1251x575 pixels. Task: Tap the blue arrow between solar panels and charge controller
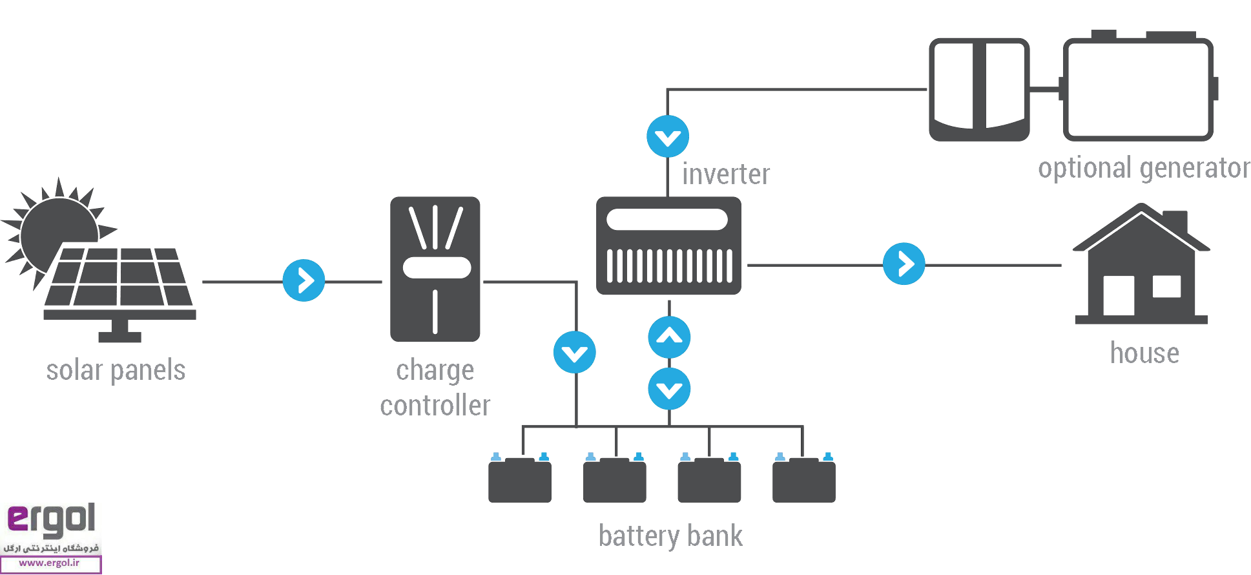304,280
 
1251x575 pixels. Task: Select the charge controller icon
435,269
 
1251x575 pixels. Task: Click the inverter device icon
668,246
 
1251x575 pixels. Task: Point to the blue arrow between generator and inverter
668,136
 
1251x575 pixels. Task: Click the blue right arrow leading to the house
904,264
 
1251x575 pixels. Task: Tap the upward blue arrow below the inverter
669,337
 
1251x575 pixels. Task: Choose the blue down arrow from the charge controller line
574,352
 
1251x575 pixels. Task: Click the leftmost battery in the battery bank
520,479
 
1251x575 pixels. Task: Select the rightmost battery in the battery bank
803,479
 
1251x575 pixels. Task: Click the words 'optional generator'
1144,168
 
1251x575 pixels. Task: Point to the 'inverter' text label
726,174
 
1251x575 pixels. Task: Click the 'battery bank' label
670,536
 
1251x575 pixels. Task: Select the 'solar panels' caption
116,371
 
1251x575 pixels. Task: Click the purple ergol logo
51,519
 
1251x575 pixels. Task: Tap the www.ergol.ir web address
50,563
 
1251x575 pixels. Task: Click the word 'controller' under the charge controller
435,406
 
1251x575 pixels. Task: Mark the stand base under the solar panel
119,336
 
